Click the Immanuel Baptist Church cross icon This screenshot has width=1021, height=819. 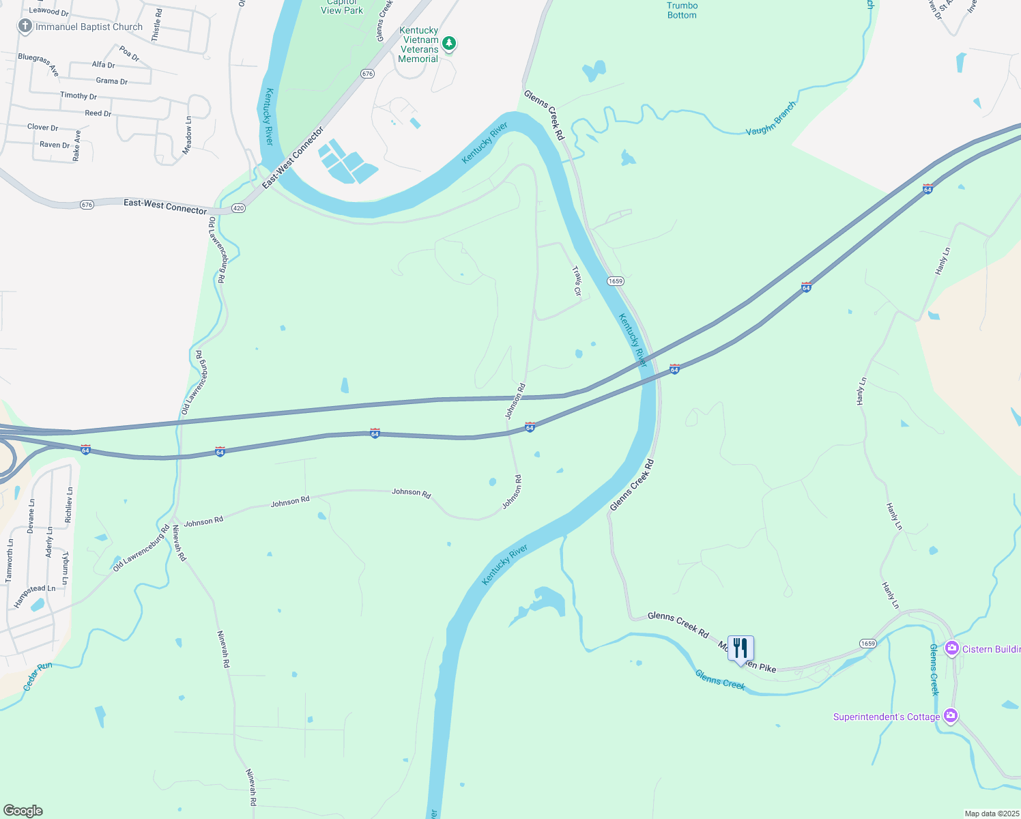(x=25, y=27)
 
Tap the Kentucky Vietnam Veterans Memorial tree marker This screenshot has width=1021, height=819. (x=448, y=44)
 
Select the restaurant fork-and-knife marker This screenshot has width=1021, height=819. (x=740, y=648)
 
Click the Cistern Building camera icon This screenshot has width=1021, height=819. (x=951, y=648)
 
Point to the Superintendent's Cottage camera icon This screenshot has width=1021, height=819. (x=950, y=716)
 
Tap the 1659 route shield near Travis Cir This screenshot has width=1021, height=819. (x=615, y=281)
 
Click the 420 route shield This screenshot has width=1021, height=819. (x=238, y=208)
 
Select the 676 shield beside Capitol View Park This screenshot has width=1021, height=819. (x=367, y=74)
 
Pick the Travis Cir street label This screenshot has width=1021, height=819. (x=577, y=281)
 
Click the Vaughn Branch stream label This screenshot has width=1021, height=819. (x=771, y=118)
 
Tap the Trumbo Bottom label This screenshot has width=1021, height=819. (x=682, y=10)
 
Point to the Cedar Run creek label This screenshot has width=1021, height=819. (x=38, y=676)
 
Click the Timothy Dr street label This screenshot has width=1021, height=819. (x=78, y=96)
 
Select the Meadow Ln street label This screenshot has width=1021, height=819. (x=188, y=135)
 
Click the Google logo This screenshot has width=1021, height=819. (x=23, y=811)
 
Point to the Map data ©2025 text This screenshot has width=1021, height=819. (x=991, y=814)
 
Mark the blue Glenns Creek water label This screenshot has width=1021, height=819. (x=719, y=679)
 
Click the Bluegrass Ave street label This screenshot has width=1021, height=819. (x=39, y=64)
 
